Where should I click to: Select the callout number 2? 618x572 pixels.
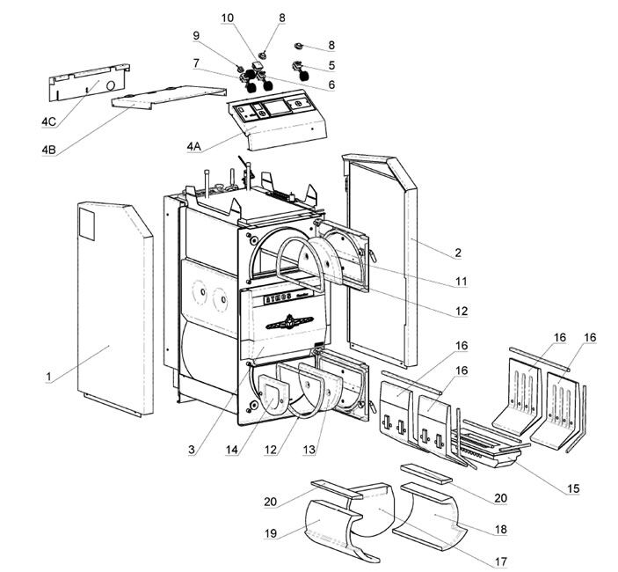coord(457,253)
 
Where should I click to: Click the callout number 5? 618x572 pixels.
coord(331,64)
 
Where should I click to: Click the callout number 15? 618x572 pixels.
coord(573,488)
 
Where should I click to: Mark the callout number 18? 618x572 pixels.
coord(501,530)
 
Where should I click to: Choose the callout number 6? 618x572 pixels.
coord(331,84)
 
